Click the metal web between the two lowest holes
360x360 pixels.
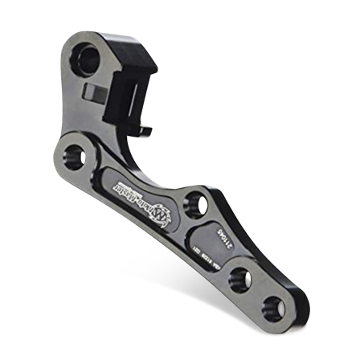(x=258, y=292)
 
